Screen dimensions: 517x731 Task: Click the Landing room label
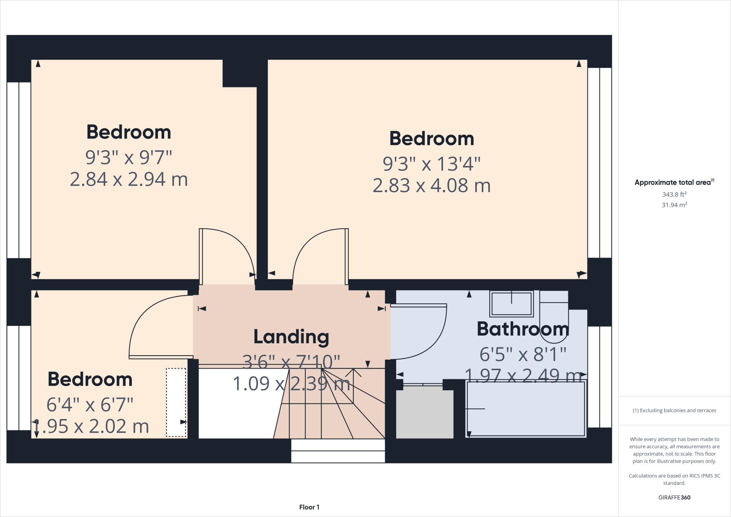(x=291, y=337)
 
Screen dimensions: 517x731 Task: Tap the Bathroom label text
(x=523, y=329)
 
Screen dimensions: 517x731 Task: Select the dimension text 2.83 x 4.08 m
(x=432, y=186)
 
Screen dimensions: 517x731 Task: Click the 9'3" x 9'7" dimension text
(x=128, y=157)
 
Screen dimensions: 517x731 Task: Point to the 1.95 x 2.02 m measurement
(x=91, y=426)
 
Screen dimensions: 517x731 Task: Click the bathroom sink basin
(x=511, y=303)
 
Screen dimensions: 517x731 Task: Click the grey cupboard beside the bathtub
(x=424, y=414)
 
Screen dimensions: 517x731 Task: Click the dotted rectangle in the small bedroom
(x=176, y=402)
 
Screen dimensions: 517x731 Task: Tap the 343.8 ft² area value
(x=674, y=195)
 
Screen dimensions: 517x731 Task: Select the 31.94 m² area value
(x=674, y=205)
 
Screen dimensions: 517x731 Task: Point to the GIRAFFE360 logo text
(x=674, y=497)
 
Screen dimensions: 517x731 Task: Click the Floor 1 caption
(x=309, y=507)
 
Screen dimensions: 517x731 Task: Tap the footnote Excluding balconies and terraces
(x=674, y=410)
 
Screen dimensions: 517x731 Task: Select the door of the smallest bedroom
(x=161, y=357)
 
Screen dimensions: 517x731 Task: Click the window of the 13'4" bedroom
(x=599, y=162)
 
